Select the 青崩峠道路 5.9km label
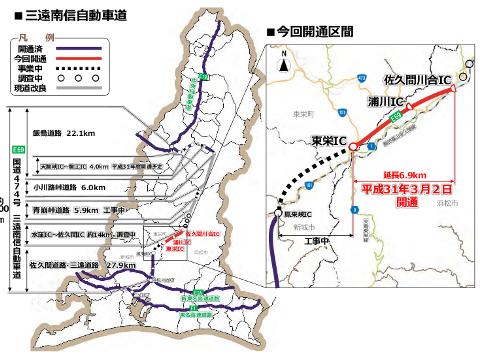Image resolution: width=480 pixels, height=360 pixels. click(x=86, y=211)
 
